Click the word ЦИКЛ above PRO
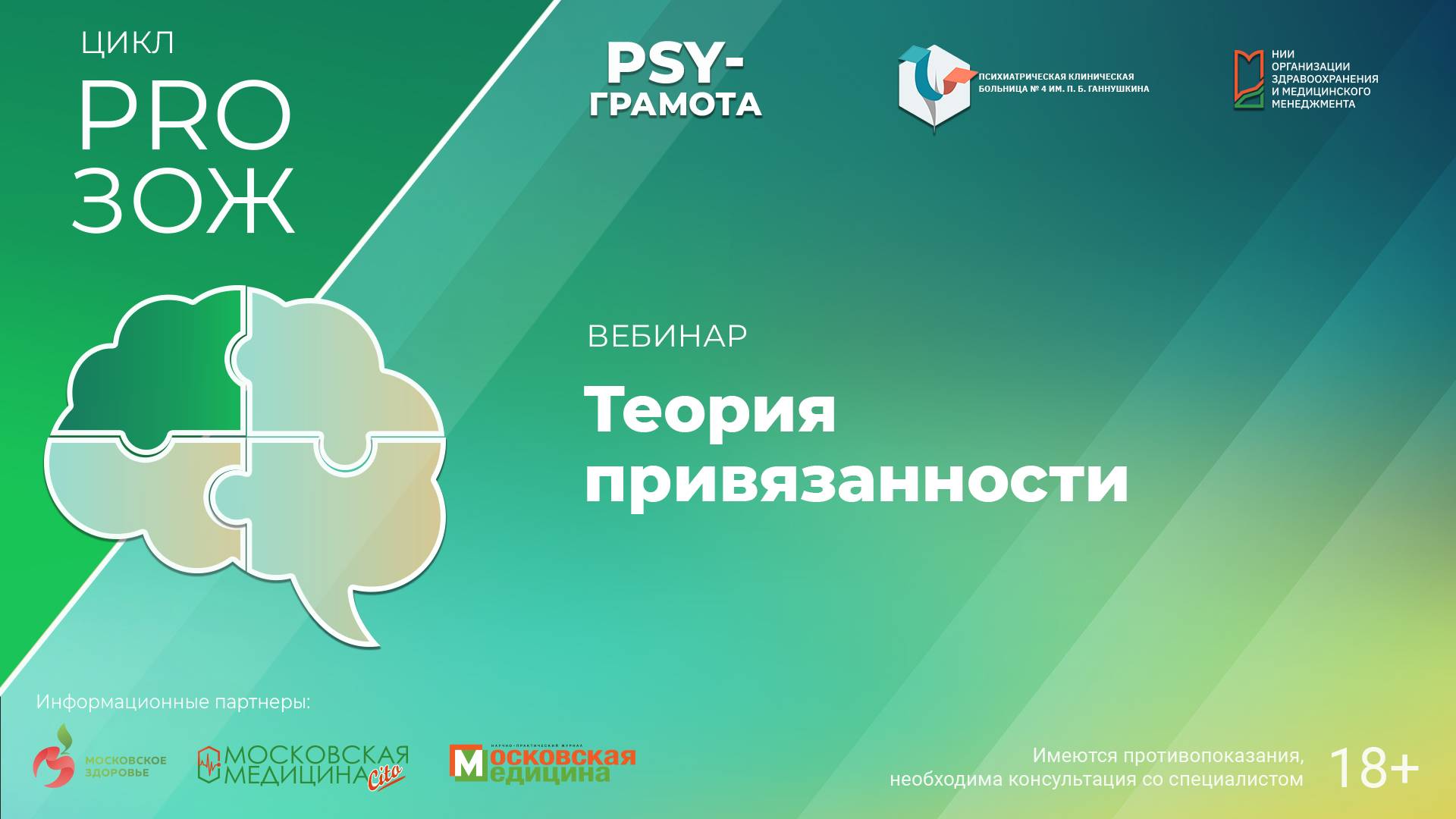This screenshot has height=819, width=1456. click(127, 43)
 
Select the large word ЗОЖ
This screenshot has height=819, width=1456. click(183, 200)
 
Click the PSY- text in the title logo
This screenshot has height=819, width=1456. click(674, 64)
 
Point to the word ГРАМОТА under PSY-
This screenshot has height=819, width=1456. click(675, 105)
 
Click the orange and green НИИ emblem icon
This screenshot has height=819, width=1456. click(1248, 80)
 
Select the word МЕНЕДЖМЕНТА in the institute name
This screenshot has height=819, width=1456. click(1313, 104)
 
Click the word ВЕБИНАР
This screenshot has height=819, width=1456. click(667, 336)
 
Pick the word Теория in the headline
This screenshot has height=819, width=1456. click(710, 409)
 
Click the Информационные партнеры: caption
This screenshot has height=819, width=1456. click(173, 702)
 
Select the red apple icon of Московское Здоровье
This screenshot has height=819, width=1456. click(55, 758)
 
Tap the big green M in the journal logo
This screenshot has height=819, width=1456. click(466, 763)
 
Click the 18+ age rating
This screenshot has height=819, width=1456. click(1373, 768)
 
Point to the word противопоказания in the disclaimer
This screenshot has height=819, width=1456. click(1213, 755)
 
